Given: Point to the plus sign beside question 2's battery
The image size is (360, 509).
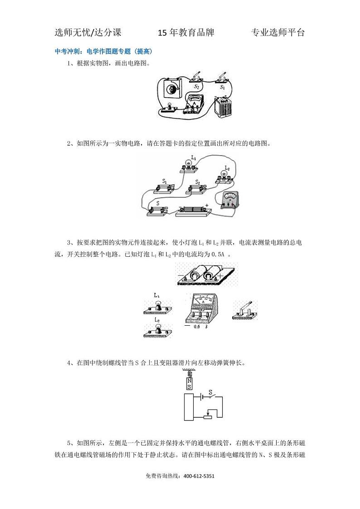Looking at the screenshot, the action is pyautogui.click(x=207, y=206).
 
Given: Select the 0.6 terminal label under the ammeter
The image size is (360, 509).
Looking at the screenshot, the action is pyautogui.click(x=197, y=327).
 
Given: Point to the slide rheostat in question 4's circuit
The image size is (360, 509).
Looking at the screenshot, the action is pyautogui.click(x=208, y=416).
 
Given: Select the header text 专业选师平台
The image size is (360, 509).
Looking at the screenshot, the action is pyautogui.click(x=277, y=33).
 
